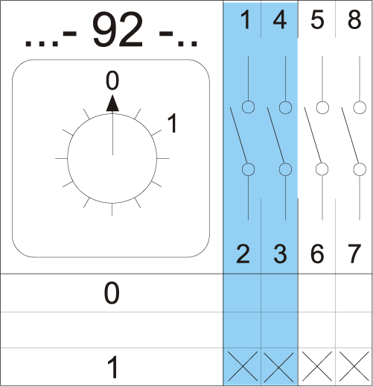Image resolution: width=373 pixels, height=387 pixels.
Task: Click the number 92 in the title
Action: [118, 29]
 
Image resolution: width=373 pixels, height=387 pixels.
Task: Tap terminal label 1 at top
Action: [246, 19]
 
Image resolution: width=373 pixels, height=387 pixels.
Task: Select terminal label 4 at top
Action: [280, 19]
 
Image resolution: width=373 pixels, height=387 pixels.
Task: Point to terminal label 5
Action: [317, 19]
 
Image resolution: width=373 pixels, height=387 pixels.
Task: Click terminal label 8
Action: [354, 19]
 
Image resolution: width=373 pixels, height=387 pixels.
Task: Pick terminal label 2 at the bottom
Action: [243, 254]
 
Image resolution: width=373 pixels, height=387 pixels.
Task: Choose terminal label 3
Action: [281, 254]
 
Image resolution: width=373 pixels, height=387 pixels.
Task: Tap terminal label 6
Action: [317, 254]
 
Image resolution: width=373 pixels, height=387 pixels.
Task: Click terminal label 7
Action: [354, 254]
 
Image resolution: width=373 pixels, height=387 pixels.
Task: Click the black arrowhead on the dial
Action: [112, 103]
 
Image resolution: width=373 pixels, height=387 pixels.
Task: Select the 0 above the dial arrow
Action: [112, 81]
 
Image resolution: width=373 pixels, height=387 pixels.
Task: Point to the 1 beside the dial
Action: [172, 123]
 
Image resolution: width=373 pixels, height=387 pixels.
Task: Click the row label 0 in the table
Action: [112, 293]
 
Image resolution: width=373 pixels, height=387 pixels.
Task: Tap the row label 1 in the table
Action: [112, 367]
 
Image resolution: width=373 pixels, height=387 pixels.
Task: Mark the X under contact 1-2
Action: [243, 366]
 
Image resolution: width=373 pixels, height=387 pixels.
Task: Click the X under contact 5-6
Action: [317, 366]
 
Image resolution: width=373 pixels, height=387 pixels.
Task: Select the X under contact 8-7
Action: [354, 366]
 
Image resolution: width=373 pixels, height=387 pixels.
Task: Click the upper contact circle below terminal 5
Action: [322, 107]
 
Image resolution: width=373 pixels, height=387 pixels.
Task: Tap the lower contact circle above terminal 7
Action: [360, 169]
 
